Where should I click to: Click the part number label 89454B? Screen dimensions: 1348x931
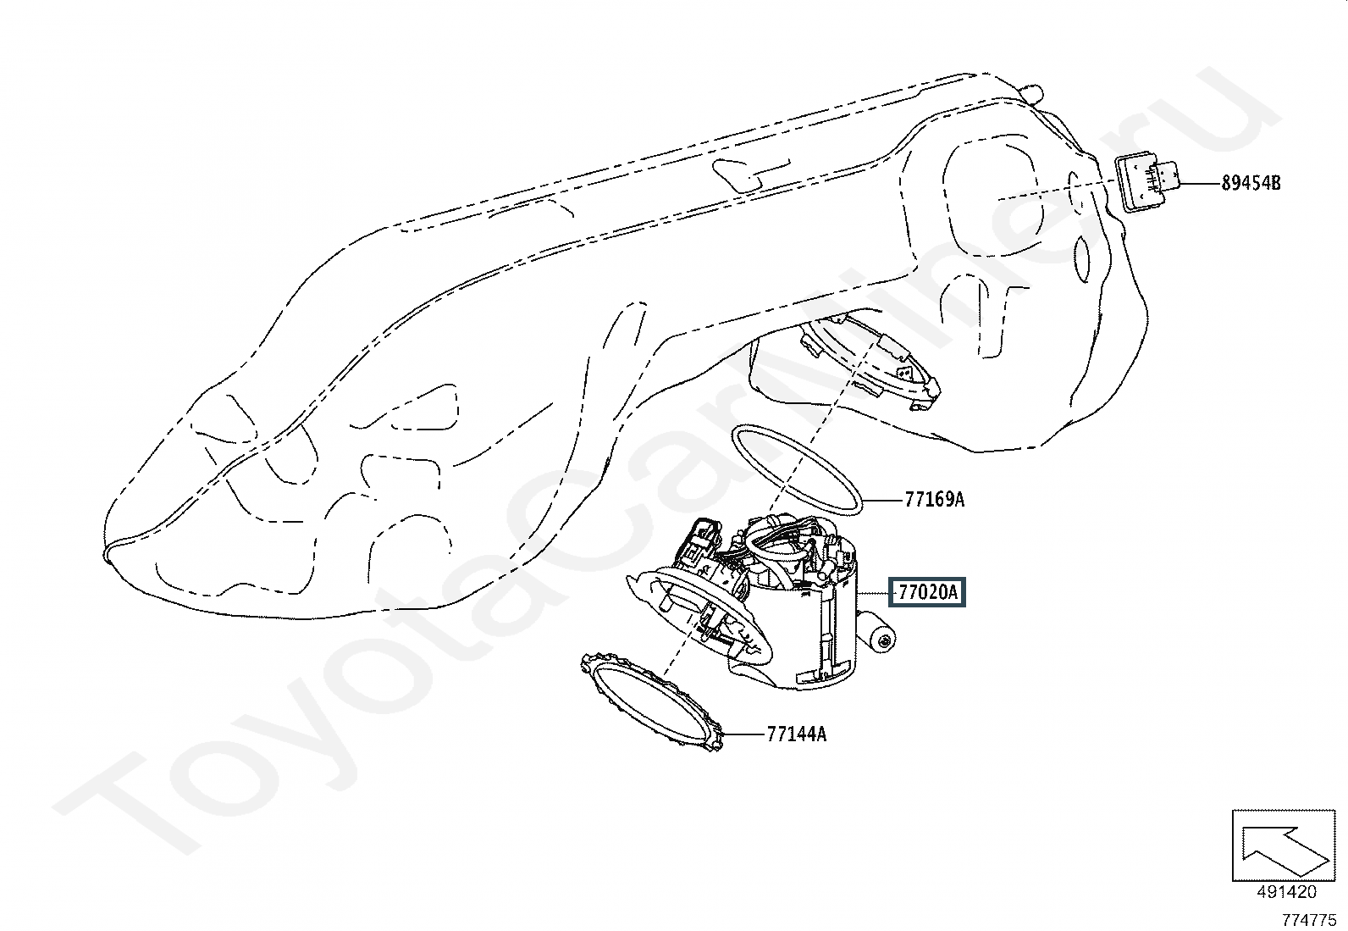click(1251, 183)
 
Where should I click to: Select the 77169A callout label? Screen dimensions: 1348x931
click(935, 500)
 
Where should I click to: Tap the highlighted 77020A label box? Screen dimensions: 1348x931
click(927, 592)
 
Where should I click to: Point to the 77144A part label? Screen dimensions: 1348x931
click(797, 734)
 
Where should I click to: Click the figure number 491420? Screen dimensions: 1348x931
click(1287, 891)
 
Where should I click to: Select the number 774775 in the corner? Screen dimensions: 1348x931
click(1309, 919)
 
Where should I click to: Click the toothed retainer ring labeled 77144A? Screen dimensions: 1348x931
click(652, 703)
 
